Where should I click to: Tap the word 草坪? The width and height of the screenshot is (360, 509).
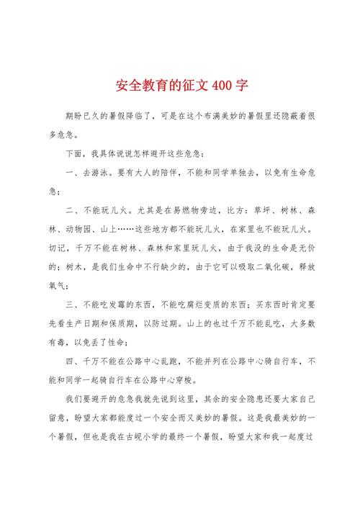coord(261,211)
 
